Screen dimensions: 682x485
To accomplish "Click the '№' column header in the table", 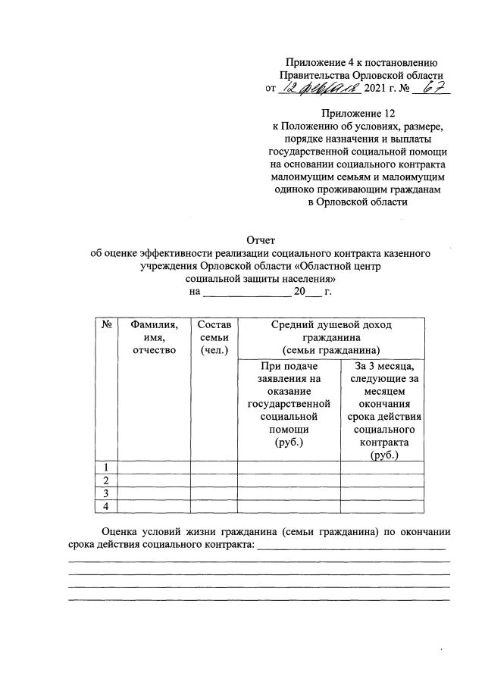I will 106,324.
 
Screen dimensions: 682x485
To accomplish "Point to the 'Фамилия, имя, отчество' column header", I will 153,336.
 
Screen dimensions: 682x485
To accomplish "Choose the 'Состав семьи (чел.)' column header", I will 213,336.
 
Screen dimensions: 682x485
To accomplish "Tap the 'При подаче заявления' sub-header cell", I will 289,409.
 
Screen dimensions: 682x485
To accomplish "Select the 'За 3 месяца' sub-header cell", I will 382,409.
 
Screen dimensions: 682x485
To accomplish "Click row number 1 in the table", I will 106,466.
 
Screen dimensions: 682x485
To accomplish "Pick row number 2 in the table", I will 106,480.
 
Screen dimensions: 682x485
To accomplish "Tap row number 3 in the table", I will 106,493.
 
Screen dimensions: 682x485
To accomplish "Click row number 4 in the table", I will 106,506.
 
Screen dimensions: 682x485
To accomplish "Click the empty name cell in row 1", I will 153,466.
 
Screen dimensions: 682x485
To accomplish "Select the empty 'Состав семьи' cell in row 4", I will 213,506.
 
